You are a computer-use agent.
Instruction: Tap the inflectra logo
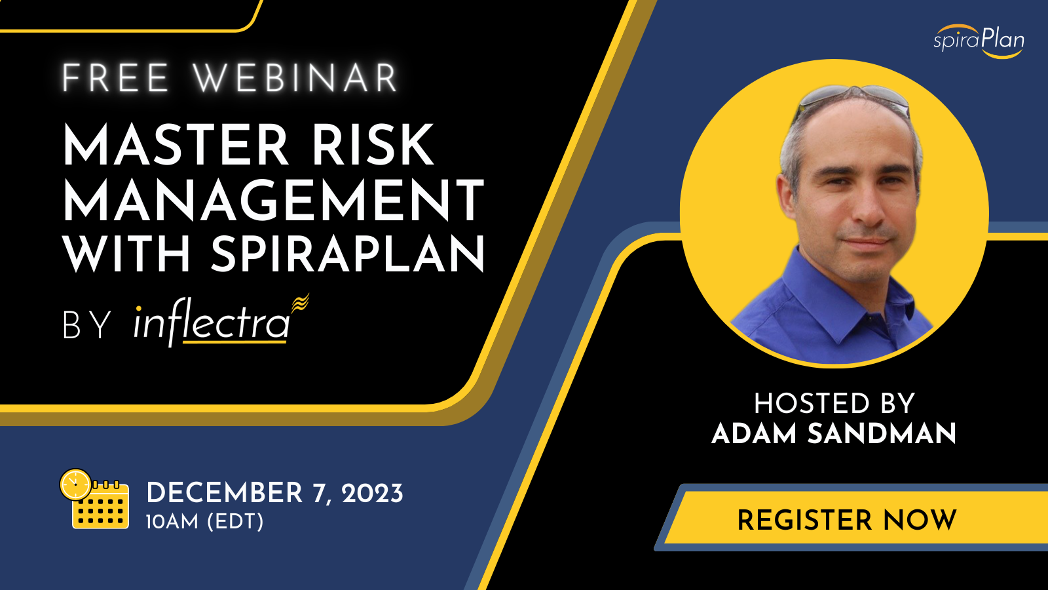221,321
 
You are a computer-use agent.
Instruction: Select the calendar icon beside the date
95,499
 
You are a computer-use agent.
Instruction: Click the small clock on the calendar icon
75,484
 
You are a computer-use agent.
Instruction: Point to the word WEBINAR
295,78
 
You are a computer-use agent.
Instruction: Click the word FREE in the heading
115,78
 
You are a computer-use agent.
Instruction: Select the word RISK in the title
373,144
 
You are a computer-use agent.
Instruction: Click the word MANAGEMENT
274,200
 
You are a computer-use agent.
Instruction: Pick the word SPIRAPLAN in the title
348,253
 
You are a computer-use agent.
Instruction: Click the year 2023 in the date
373,494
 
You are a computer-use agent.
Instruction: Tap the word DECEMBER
225,494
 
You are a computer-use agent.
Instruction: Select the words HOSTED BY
834,404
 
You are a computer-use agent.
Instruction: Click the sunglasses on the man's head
854,99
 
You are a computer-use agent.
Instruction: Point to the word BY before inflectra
87,324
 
